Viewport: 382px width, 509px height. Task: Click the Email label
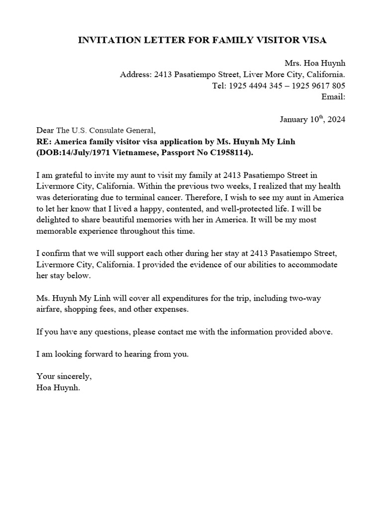coord(333,96)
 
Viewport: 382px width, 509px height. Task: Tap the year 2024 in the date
coord(335,119)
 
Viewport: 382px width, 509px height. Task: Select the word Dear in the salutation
coord(45,131)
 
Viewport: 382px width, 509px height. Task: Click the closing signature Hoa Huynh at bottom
coord(58,386)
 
